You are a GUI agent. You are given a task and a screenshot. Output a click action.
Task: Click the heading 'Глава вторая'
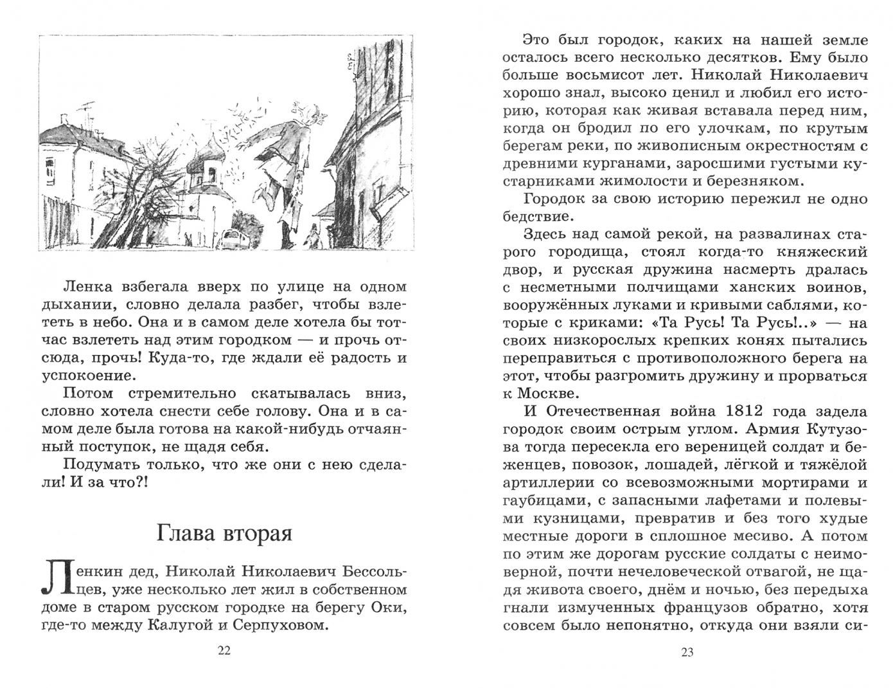pyautogui.click(x=224, y=533)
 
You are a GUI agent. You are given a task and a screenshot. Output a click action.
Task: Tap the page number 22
pyautogui.click(x=224, y=650)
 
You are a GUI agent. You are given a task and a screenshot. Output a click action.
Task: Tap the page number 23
pyautogui.click(x=687, y=653)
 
